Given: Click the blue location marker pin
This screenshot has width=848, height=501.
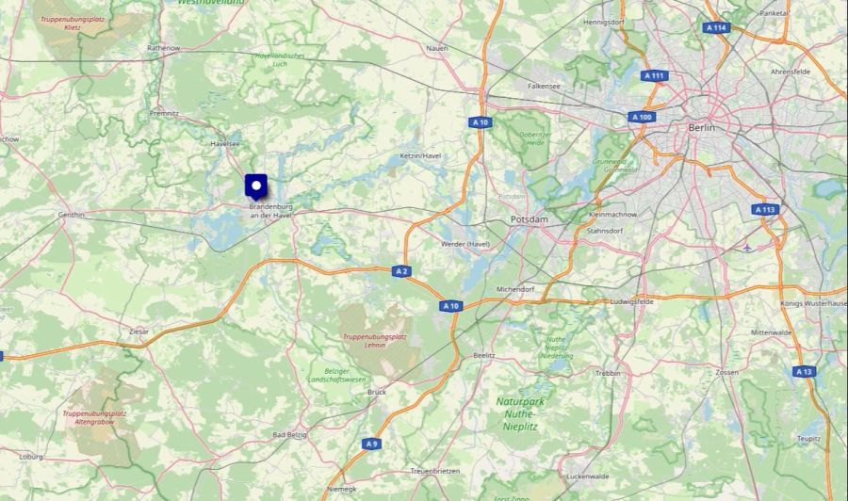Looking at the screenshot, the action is [255, 186].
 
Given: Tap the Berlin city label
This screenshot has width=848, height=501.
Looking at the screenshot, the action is [702, 127].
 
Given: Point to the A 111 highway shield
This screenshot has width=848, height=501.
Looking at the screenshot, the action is [654, 75].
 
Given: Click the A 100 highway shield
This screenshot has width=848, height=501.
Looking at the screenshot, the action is [641, 117].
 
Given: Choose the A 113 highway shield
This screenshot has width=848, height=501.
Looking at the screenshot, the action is [765, 210].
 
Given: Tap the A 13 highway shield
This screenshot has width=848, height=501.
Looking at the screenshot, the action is [803, 371].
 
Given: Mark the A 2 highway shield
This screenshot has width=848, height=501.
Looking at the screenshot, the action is [402, 271].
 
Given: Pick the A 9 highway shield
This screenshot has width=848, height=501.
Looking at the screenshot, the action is [371, 443].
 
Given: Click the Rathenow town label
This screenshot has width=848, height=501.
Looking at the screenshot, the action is [163, 47].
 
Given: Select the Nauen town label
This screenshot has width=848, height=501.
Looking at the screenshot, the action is [436, 47].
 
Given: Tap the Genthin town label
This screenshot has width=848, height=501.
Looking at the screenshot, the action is [72, 215].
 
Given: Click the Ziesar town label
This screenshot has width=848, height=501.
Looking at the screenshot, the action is [139, 331].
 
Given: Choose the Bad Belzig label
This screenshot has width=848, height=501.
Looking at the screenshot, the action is [292, 435].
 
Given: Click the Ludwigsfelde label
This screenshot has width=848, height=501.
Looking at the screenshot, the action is [632, 301].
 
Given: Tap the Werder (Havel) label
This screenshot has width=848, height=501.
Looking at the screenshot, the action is [465, 244].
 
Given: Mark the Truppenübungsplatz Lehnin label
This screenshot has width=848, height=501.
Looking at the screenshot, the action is [374, 340].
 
